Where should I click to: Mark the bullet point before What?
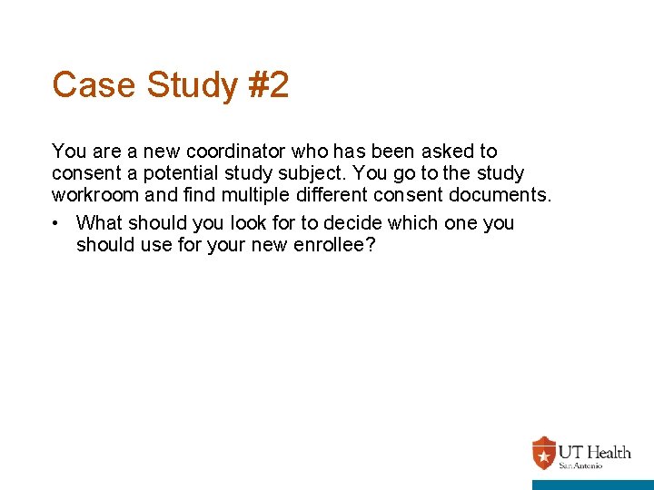pyautogui.click(x=57, y=223)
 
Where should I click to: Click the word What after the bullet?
pyautogui.click(x=101, y=223)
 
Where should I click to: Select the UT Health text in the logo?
pyautogui.click(x=594, y=452)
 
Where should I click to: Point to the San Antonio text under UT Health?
pyautogui.click(x=579, y=465)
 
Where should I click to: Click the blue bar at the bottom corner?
pyautogui.click(x=592, y=485)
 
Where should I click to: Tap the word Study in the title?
pyautogui.click(x=186, y=85)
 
